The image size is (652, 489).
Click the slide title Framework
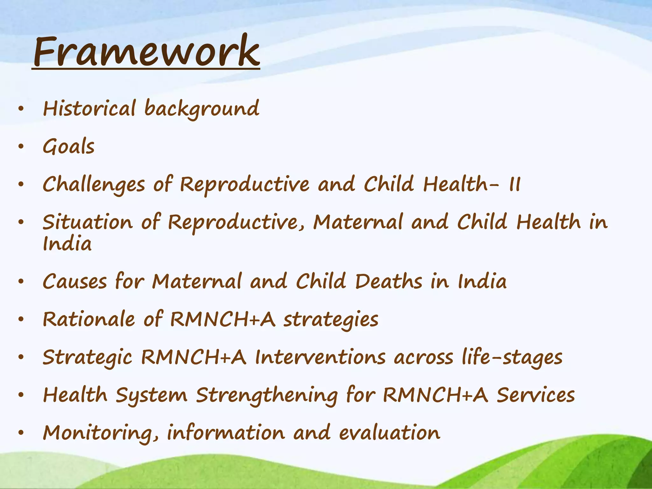[x=146, y=52]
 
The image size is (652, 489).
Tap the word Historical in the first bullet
[x=89, y=109]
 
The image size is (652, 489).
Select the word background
[x=202, y=109]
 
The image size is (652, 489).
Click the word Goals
[x=69, y=147]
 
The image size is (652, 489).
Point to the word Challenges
[x=94, y=185]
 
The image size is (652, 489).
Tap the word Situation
[x=88, y=222]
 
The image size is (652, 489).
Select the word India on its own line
[x=67, y=244]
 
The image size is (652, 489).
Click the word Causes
[x=75, y=282]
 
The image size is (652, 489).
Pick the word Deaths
[x=389, y=282]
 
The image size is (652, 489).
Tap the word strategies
[x=331, y=320]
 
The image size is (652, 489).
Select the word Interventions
[x=321, y=357]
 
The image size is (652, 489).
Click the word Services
[x=536, y=395]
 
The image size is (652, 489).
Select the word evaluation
[x=389, y=433]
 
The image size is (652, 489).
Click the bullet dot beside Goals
[x=21, y=147]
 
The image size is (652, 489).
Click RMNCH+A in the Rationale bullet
[x=223, y=319]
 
